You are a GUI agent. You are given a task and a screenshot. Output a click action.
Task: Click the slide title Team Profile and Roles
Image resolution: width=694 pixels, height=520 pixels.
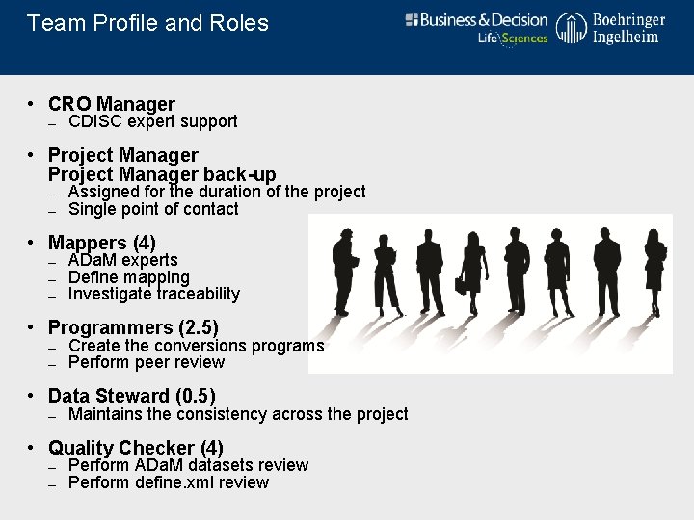pyautogui.click(x=147, y=23)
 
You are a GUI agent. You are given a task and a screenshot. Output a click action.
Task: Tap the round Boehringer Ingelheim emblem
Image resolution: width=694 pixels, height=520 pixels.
pyautogui.click(x=572, y=30)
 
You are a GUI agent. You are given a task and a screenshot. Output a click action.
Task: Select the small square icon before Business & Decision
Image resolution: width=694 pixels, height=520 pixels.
pyautogui.click(x=412, y=19)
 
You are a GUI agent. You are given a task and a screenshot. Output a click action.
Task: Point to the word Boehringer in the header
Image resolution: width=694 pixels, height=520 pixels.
pyautogui.click(x=628, y=20)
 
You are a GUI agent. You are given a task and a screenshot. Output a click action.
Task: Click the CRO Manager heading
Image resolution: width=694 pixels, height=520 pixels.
pyautogui.click(x=111, y=104)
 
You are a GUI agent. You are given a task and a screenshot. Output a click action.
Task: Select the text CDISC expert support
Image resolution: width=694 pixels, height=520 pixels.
pyautogui.click(x=152, y=121)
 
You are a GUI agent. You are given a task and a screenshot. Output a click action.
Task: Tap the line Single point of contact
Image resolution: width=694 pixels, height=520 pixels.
pyautogui.click(x=153, y=209)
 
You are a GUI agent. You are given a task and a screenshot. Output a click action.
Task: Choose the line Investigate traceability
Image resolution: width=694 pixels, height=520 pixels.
pyautogui.click(x=154, y=294)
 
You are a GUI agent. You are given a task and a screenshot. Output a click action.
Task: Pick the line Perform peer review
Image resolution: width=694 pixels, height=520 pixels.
pyautogui.click(x=147, y=362)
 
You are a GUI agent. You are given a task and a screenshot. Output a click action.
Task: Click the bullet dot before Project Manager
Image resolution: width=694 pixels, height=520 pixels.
pyautogui.click(x=32, y=155)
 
